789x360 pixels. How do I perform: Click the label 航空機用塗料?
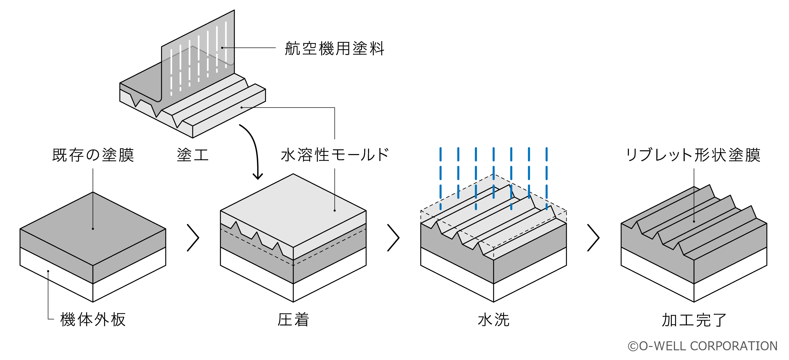334,48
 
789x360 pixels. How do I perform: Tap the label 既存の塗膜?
93,155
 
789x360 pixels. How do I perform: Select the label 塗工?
193,155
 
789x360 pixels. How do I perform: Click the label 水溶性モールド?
335,155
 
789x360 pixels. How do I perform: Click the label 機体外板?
93,319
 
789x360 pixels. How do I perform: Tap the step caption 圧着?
293,319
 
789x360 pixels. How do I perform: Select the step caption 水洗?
493,319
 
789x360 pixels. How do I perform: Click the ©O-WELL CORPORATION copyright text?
703,346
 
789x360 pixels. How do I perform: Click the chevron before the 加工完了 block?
593,238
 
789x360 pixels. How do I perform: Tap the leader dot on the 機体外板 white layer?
48,271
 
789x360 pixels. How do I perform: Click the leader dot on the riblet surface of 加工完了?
694,222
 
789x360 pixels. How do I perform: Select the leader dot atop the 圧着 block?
335,210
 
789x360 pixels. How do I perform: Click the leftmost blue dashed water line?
440,179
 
